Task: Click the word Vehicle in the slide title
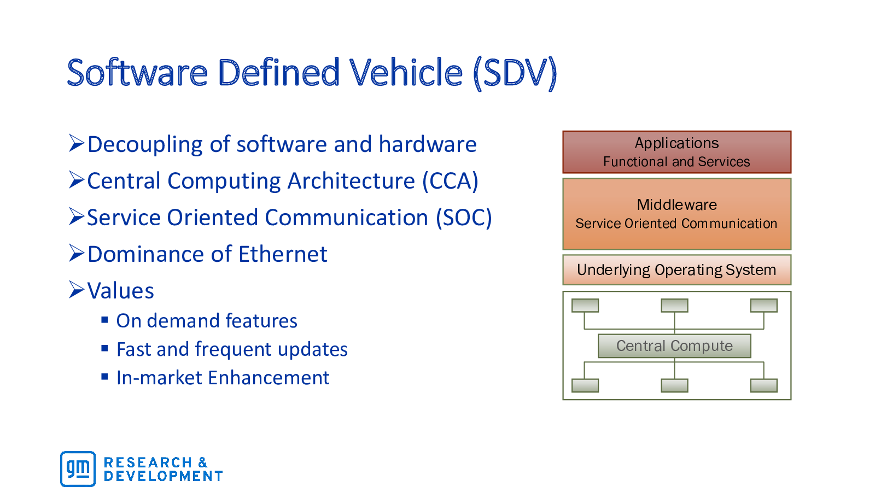[406, 72]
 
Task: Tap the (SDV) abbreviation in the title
[515, 73]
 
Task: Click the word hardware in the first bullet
[428, 144]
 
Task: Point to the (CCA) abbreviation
[451, 181]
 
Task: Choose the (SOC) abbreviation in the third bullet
[464, 218]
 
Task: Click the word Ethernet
[283, 254]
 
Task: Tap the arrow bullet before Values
[77, 289]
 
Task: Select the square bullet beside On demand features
[104, 320]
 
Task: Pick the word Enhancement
[269, 378]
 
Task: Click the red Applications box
[677, 153]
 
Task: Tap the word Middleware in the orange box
[677, 204]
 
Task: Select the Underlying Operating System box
[677, 270]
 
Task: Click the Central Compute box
[675, 346]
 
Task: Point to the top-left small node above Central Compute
[585, 306]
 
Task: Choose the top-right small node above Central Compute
[764, 306]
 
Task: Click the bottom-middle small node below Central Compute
[675, 385]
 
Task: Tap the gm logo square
[78, 469]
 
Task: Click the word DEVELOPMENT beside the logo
[164, 476]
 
